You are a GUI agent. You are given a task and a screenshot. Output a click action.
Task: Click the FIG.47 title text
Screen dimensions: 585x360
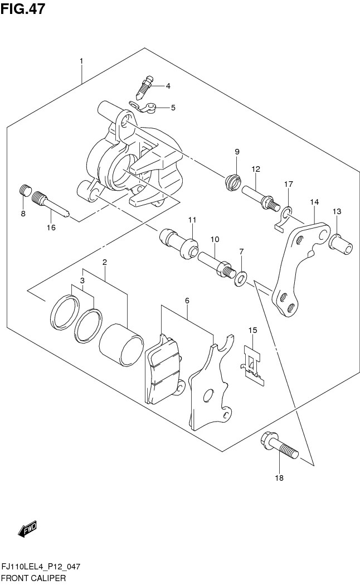[23, 9]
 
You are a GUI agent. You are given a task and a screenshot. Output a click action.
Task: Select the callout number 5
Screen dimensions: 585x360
[173, 108]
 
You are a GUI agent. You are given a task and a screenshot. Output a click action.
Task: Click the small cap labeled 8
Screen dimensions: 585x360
[23, 191]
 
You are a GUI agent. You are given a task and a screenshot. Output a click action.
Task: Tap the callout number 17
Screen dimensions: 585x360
[288, 184]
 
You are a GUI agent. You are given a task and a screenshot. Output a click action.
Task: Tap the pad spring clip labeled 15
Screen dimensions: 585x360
[254, 366]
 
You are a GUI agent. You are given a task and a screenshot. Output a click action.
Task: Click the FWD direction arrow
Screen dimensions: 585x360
[27, 530]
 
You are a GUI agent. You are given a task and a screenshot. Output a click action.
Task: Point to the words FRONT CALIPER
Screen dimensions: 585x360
[33, 578]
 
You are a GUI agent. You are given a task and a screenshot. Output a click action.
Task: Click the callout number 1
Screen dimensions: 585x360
[81, 60]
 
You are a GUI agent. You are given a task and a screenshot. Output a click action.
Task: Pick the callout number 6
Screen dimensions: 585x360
[187, 301]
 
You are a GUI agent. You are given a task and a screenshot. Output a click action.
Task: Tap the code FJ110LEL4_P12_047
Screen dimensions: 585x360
[41, 567]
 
